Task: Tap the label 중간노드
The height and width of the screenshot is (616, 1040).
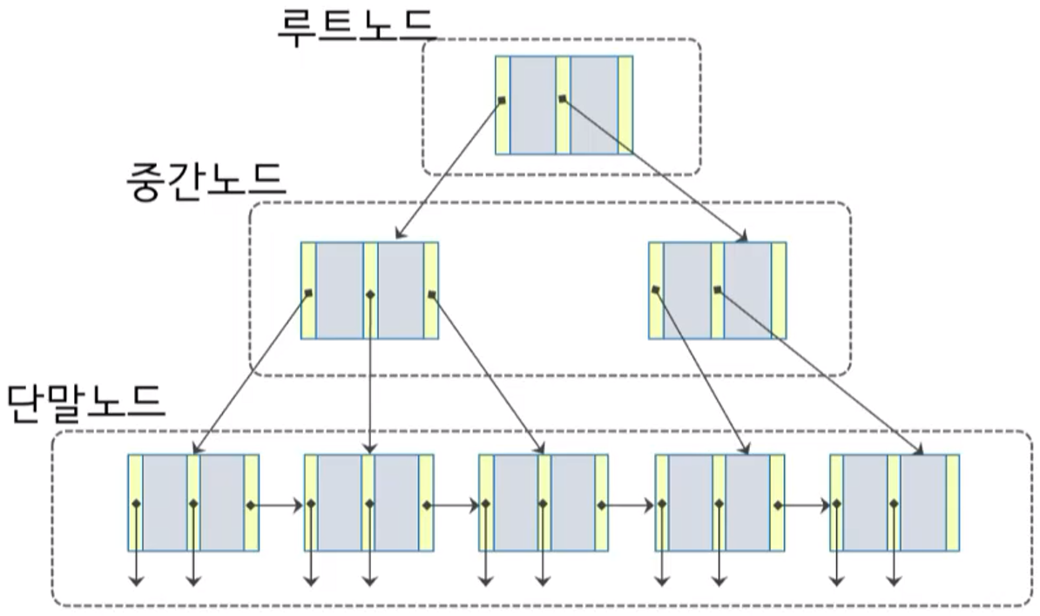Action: point(206,180)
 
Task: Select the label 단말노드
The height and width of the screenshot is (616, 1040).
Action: point(84,402)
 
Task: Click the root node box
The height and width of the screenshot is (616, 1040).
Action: point(564,105)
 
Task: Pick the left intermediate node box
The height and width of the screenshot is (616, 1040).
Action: point(369,290)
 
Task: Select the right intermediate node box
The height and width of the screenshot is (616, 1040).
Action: point(717,290)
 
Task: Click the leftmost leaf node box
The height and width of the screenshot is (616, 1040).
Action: point(193,502)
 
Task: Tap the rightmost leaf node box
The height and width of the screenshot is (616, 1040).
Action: point(895,502)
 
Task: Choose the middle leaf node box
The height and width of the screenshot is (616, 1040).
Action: point(544,502)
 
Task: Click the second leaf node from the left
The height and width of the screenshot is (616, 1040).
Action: point(368,502)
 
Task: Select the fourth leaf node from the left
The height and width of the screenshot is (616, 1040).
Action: point(719,502)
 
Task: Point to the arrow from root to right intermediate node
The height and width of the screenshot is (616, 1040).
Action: point(653,170)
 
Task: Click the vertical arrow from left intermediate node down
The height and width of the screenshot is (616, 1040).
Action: point(372,375)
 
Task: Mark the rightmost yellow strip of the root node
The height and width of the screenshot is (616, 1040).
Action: point(625,105)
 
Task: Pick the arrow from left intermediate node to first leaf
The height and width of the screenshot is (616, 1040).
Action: point(253,373)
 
